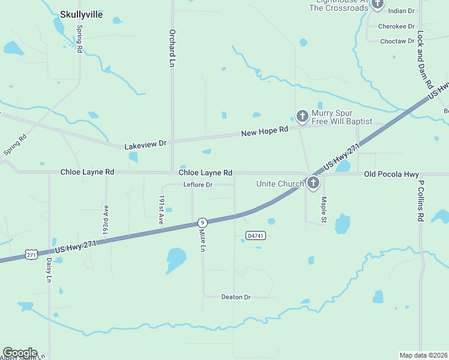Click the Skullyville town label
[81, 14]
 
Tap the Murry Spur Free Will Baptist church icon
[303, 115]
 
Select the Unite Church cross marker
[313, 183]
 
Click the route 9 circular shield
[203, 223]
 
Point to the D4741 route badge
[256, 236]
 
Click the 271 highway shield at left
[32, 254]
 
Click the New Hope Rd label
[265, 131]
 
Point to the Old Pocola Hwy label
[391, 174]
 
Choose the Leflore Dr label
[198, 185]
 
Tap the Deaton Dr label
[236, 297]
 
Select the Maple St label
[324, 209]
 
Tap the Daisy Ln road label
[49, 271]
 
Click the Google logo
[19, 352]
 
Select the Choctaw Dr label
[397, 41]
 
